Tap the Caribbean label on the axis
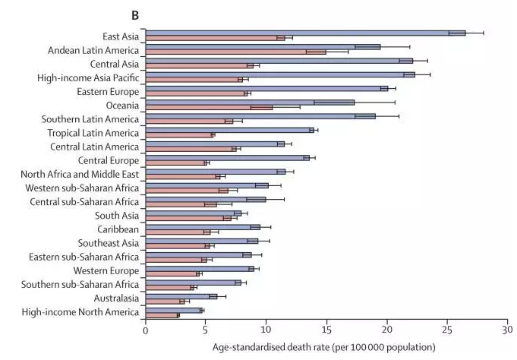tap(118, 229)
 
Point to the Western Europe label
tap(106, 270)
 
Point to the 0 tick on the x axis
tap(145, 331)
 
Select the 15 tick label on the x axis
tap(326, 331)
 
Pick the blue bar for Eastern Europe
tap(266, 88)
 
